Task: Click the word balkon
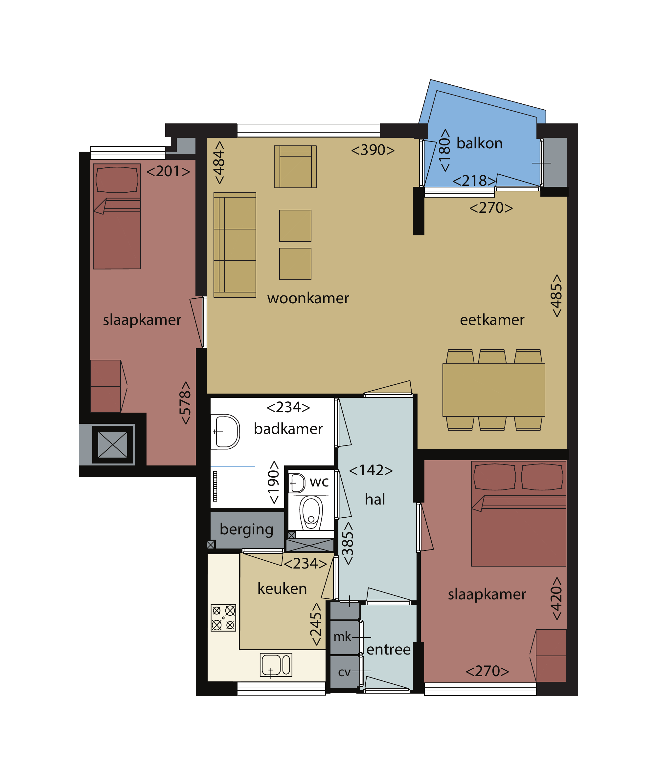[x=479, y=143]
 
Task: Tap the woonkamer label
[x=308, y=298]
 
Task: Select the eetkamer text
[x=492, y=320]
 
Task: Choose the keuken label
[x=282, y=589]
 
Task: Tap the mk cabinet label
[x=342, y=636]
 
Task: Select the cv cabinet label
[x=344, y=672]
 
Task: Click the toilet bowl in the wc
[x=311, y=513]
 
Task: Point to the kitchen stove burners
[x=223, y=617]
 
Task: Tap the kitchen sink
[x=276, y=665]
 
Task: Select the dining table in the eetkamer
[x=493, y=390]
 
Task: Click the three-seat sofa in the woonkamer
[x=235, y=245]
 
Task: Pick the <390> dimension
[x=373, y=150]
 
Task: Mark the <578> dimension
[x=185, y=403]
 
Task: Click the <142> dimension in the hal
[x=371, y=470]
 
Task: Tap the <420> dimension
[x=556, y=598]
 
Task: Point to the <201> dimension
[x=168, y=172]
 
